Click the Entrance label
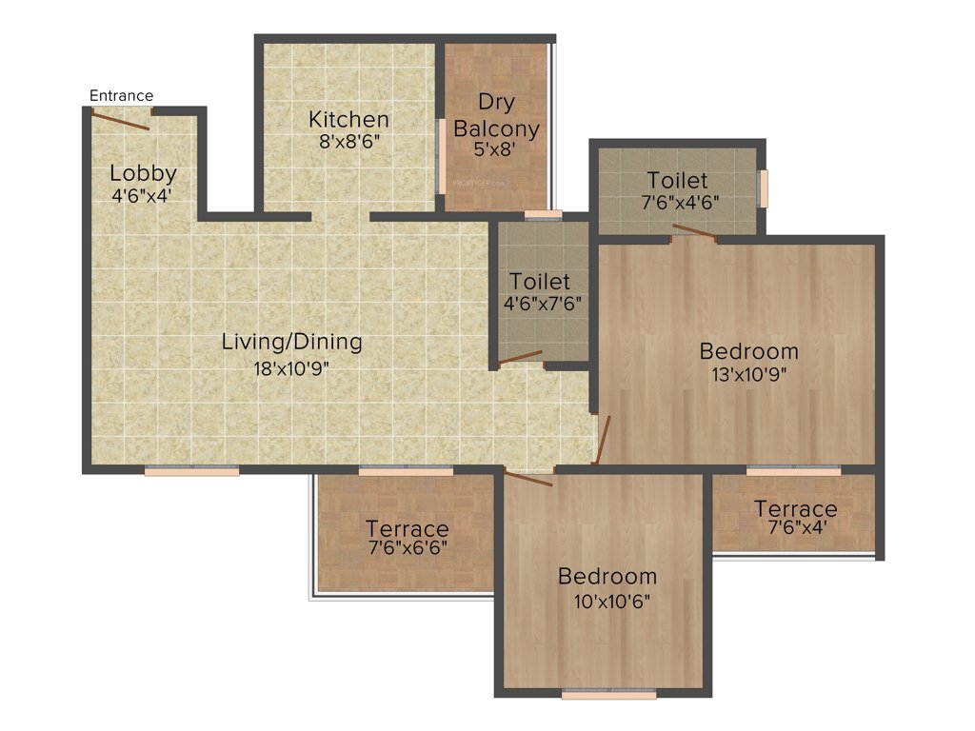(121, 95)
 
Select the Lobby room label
(143, 173)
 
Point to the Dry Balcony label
(496, 114)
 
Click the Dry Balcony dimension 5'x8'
(496, 148)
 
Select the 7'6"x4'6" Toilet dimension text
(678, 202)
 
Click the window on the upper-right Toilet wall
(762, 188)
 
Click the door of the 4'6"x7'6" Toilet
(521, 358)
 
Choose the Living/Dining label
(291, 341)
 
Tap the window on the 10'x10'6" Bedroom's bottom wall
(608, 695)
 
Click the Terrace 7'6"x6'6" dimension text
(407, 548)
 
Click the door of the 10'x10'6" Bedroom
(528, 478)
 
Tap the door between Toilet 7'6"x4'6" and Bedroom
(694, 230)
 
